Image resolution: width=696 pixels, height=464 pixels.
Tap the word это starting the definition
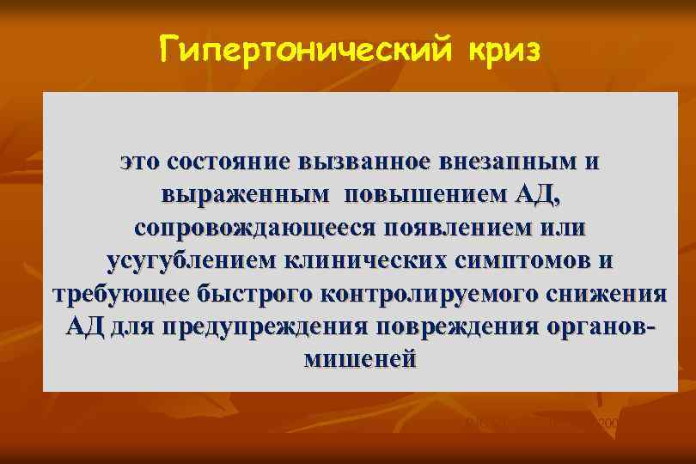point(140,163)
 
